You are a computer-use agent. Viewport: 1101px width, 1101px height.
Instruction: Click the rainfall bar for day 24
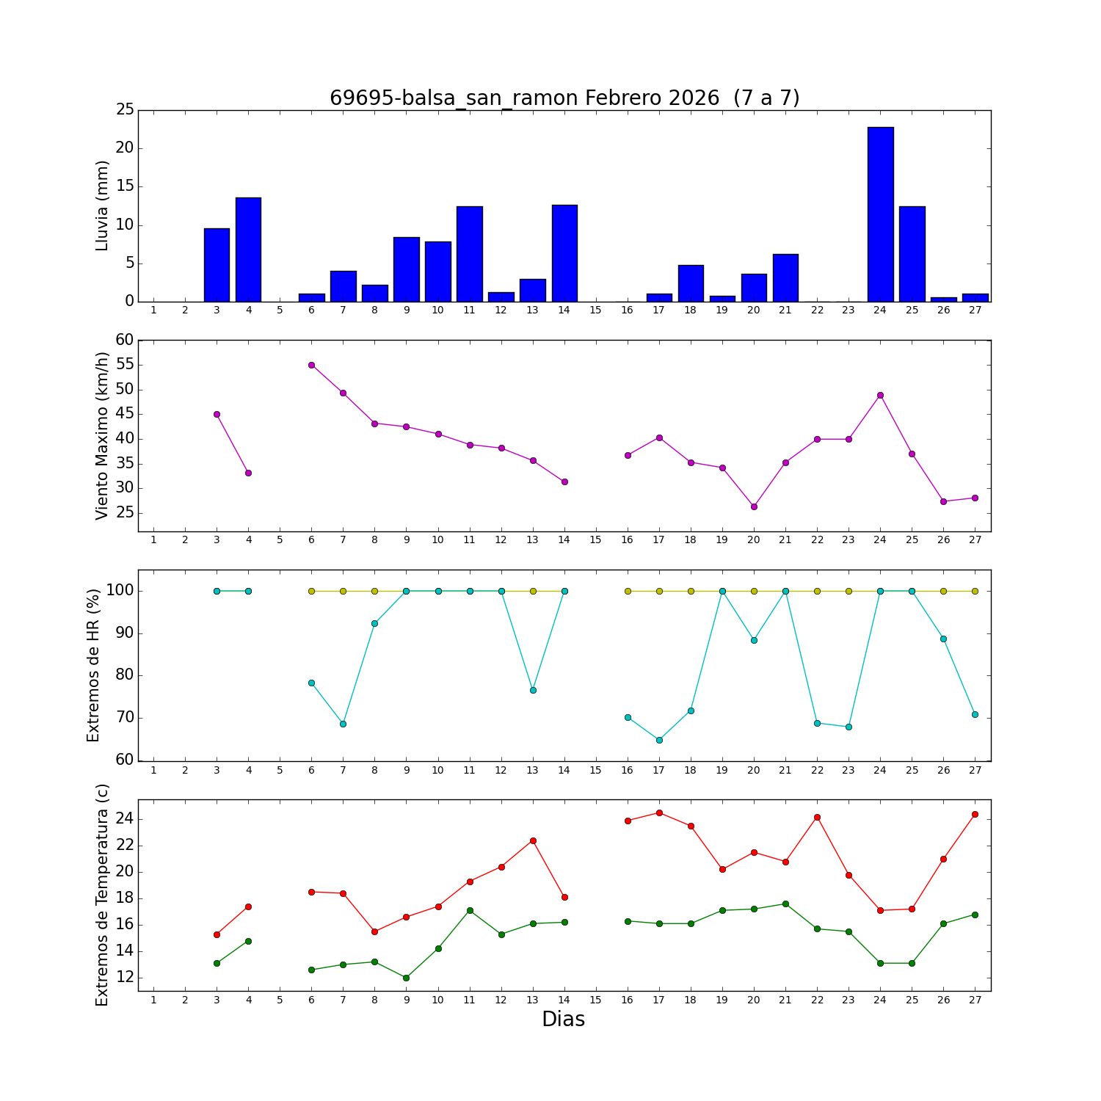880,214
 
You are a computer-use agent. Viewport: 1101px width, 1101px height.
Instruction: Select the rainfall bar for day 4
248,250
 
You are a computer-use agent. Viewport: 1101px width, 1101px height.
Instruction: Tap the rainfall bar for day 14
564,253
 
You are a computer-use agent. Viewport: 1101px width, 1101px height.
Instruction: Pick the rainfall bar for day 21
785,277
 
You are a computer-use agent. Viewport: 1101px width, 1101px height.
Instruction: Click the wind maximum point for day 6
311,365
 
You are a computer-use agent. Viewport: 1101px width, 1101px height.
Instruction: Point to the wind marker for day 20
754,506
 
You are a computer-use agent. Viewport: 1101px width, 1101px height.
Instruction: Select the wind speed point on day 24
880,395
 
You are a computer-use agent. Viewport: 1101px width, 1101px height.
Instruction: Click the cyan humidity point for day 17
659,740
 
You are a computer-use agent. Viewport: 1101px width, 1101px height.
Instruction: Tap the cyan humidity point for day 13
533,690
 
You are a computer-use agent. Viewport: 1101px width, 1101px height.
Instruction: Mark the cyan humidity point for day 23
849,727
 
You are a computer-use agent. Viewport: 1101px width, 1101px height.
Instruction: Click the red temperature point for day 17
659,813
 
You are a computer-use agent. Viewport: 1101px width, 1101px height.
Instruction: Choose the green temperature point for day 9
406,978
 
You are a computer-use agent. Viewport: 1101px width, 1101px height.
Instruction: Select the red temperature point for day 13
533,840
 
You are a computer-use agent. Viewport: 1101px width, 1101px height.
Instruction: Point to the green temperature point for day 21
785,904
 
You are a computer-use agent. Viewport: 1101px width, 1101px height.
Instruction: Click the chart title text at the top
564,98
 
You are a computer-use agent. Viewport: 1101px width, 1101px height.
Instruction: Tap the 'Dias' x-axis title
563,1020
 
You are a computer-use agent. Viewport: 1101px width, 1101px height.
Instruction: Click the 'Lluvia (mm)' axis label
103,206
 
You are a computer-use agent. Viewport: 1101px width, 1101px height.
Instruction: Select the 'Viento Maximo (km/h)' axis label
103,435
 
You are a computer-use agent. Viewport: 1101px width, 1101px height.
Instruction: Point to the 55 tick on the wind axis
126,365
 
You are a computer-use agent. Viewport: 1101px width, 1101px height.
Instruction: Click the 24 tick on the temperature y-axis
126,819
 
